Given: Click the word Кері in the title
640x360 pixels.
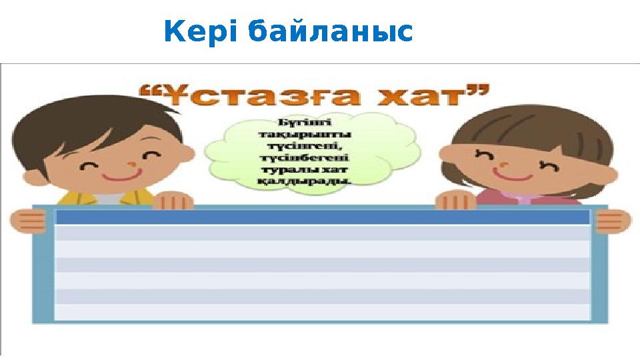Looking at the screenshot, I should point(200,32).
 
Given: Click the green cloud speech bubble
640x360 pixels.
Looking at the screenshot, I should point(313,153).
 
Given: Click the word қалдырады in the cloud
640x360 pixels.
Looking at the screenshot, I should point(313,181).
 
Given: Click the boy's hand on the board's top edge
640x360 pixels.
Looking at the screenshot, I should point(173,200).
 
